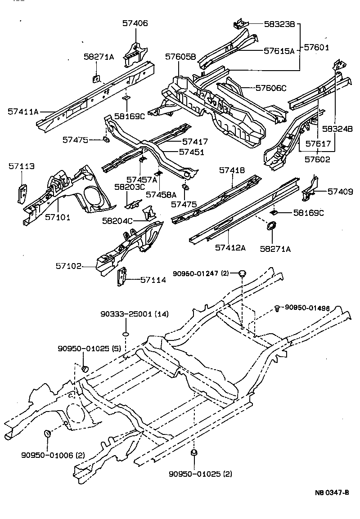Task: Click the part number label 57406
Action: (x=135, y=23)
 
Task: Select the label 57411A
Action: (x=23, y=111)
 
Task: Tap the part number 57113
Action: (x=21, y=166)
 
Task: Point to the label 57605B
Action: (x=180, y=57)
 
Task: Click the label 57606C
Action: (x=271, y=88)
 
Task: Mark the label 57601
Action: (x=317, y=47)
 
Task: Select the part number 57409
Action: (x=340, y=192)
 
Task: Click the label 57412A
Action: (x=230, y=247)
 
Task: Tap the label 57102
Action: (x=68, y=266)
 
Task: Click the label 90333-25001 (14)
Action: (x=134, y=314)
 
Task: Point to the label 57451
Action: (x=191, y=152)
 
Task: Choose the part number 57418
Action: (x=232, y=170)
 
